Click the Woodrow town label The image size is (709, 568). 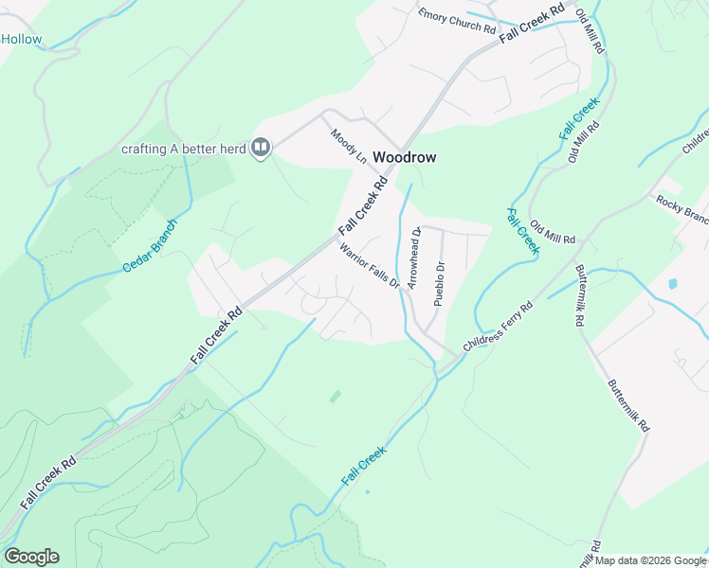click(x=404, y=157)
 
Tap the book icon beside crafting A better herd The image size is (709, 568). click(x=261, y=148)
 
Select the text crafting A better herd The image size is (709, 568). click(x=183, y=149)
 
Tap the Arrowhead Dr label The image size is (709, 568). click(x=413, y=257)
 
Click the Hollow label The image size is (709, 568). click(x=22, y=39)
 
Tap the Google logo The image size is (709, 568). click(x=31, y=556)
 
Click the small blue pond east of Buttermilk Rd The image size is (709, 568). click(x=672, y=283)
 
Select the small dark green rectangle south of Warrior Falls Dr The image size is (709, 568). click(x=335, y=397)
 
